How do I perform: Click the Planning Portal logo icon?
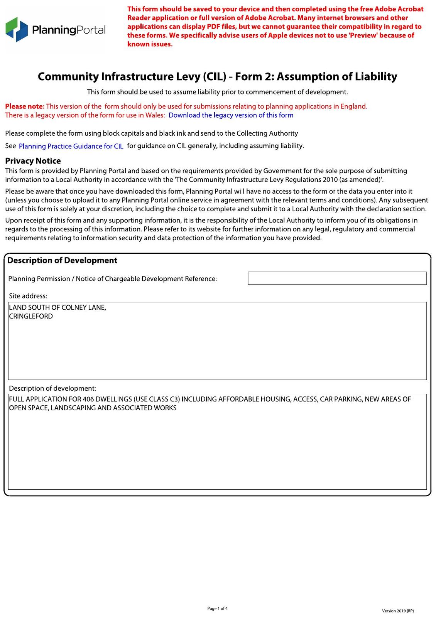17,29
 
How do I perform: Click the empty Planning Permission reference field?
337,278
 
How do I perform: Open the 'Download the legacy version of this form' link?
231,115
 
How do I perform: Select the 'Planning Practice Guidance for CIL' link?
71,146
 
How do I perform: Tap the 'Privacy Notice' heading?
33,161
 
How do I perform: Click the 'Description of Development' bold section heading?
62,260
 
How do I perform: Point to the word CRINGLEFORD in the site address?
31,316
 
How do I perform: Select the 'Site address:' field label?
28,296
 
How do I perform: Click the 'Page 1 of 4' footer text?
217,609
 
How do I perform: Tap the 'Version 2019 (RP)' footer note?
398,611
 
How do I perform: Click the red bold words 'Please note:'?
25,106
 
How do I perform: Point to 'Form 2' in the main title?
252,76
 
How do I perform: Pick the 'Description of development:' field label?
52,388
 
